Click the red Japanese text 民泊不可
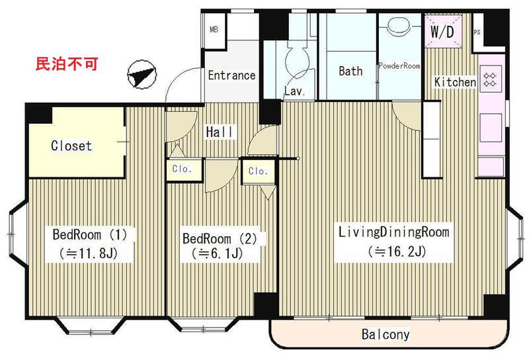67,64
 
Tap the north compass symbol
142,75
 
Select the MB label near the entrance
214,30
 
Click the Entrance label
232,75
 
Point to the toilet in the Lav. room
297,60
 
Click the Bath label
350,71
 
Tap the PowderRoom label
399,66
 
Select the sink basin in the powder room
399,26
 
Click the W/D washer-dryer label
442,32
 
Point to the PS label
477,32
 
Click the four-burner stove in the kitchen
490,79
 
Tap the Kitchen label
455,82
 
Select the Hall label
220,132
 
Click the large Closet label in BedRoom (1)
71,146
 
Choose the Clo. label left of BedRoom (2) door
182,169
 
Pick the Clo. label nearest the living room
258,171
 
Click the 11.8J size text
89,253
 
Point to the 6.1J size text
217,253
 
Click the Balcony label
386,334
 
